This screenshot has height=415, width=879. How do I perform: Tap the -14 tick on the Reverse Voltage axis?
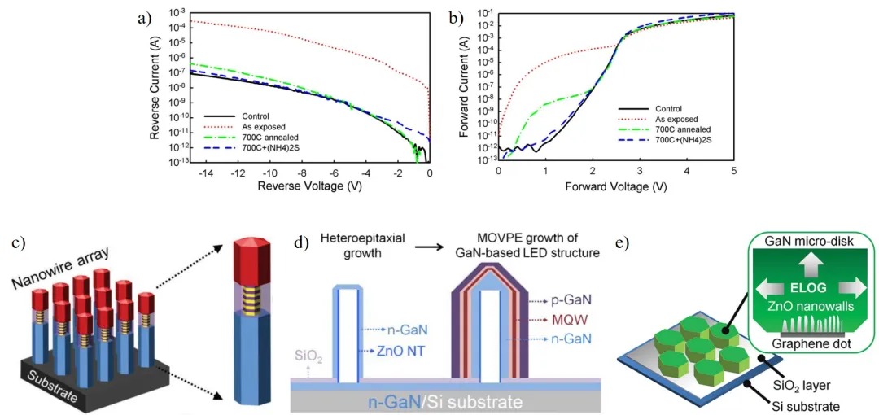pos(191,174)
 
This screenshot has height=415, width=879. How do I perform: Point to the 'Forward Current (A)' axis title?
pos(464,85)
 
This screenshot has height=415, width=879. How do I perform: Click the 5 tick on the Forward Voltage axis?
pos(734,173)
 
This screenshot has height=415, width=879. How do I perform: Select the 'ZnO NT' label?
pos(400,352)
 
